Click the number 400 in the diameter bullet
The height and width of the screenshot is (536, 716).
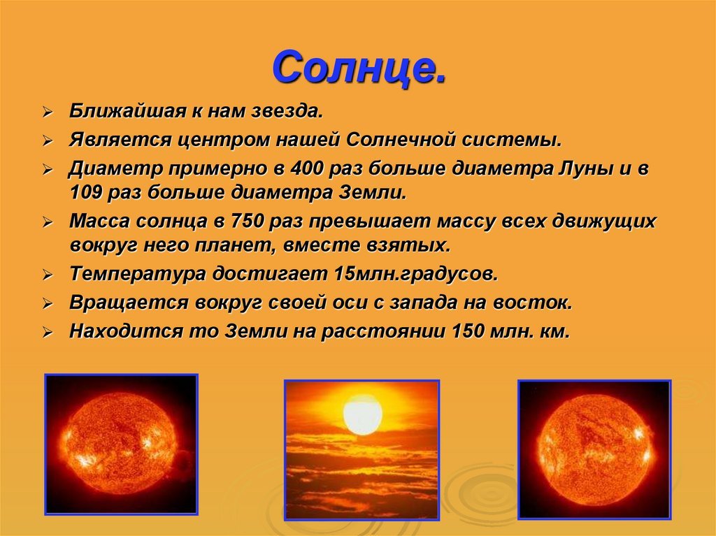(x=308, y=169)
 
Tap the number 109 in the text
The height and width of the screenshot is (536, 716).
(x=86, y=193)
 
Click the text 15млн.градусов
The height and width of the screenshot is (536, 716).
(x=415, y=274)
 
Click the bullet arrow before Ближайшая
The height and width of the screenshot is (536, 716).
(x=48, y=113)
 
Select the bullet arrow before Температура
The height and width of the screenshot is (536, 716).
(x=48, y=275)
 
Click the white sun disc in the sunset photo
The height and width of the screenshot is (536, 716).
(x=363, y=414)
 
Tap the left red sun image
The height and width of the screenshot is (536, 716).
(x=121, y=444)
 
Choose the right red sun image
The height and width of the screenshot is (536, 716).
(x=594, y=450)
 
